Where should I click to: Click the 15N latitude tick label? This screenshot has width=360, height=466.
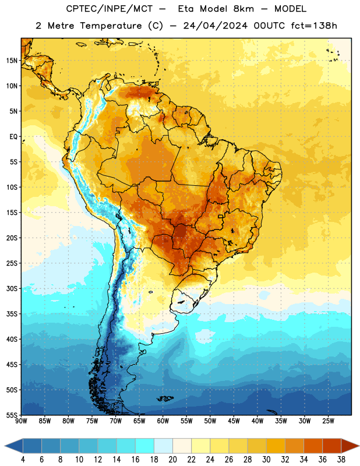12,61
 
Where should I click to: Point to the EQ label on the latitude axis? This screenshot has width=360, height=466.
13,137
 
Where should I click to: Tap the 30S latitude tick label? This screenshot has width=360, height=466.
12,288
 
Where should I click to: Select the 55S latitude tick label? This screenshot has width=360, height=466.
12,415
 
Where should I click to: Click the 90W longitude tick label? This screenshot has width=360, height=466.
21,421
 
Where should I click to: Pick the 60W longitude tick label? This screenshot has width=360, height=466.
163,421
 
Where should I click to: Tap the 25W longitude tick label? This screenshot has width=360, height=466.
328,421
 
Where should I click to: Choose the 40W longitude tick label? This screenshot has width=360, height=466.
257,421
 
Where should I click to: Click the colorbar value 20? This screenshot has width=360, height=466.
172,460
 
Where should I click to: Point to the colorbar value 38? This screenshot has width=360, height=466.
341,460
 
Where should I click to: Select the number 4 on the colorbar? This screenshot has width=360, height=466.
23,460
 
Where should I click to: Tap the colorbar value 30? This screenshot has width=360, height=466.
266,460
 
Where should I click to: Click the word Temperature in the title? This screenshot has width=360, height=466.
111,26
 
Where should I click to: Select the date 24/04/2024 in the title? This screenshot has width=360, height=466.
215,26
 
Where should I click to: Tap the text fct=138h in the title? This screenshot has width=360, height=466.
314,26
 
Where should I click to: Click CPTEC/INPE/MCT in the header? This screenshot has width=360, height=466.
109,9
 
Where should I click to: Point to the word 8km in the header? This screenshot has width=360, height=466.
243,9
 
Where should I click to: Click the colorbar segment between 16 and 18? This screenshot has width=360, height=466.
144,446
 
